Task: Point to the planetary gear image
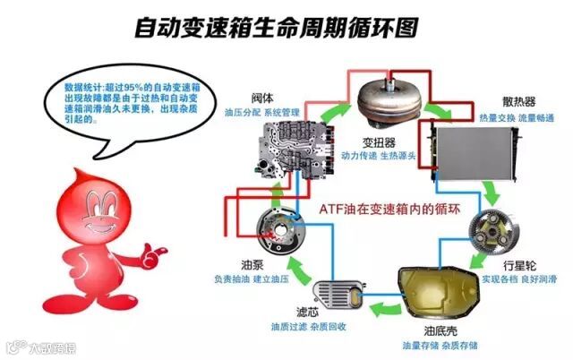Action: [x=498, y=236]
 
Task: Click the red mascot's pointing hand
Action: [x=161, y=244]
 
